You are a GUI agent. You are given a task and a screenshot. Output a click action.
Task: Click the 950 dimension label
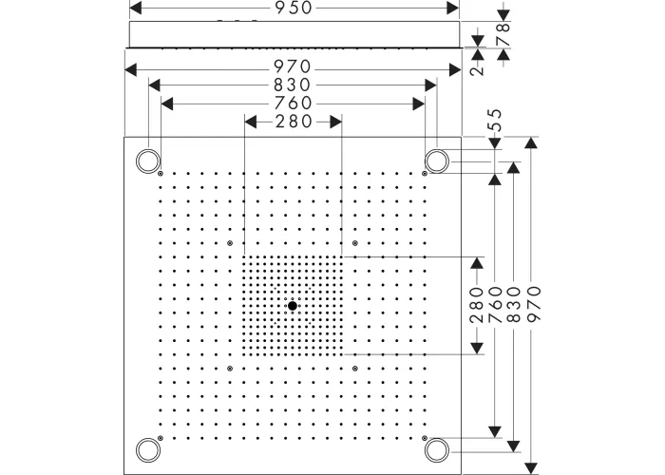coord(293,8)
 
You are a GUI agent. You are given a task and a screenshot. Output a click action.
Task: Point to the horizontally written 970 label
coord(293,68)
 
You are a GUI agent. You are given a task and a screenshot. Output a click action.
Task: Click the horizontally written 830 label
coord(293,85)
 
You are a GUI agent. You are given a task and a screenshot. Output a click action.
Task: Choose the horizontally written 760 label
coord(293,103)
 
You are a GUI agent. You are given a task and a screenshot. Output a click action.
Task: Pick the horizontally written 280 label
coord(293,121)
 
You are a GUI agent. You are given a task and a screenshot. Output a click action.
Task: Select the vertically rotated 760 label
coord(495,306)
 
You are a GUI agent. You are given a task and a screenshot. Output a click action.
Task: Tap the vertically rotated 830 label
coord(514,306)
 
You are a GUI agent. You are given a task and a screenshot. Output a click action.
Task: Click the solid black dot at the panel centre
coord(293,306)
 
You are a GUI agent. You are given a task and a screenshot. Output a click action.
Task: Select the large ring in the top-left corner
coord(147,161)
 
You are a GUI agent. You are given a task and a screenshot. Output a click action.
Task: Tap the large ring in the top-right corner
coord(436,161)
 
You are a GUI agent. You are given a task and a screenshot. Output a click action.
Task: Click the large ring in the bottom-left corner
coord(147,449)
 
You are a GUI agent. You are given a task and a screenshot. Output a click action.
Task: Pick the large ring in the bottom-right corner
coord(436,449)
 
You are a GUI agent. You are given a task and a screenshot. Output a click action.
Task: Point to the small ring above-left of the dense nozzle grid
coord(231,243)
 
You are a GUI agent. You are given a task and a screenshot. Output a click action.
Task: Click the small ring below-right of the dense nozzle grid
coord(354,368)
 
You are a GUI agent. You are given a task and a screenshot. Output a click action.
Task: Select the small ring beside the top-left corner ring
coord(161,174)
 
